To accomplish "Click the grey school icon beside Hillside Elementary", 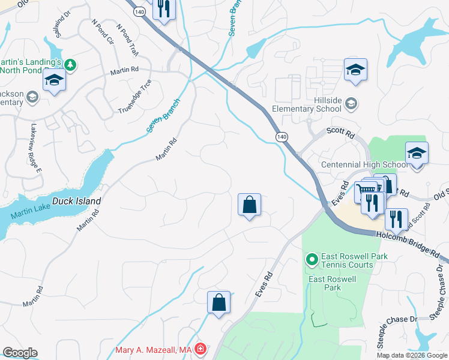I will coord(351,104).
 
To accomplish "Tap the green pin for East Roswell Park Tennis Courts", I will coord(312,260).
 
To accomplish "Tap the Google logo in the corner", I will coord(20,353).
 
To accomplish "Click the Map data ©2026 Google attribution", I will coord(412,355).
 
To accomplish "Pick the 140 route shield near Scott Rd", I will coord(282,137).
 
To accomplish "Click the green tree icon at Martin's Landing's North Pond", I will coord(70,64).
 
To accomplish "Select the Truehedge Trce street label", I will coord(134,96).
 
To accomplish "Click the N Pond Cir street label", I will coord(103,31).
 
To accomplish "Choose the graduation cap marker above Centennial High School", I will coord(417,154).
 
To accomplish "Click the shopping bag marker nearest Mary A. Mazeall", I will coord(218,302).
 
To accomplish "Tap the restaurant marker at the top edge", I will coord(163,9).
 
